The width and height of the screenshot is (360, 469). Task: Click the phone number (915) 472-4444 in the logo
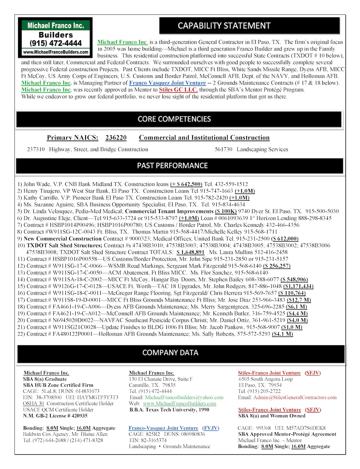(x=55, y=43)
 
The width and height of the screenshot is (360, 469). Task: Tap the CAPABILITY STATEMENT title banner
(x=224, y=26)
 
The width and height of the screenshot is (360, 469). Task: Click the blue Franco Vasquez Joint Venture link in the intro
(x=167, y=83)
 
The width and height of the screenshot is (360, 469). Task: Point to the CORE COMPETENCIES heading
(x=174, y=119)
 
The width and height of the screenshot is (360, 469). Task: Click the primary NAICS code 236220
(x=116, y=137)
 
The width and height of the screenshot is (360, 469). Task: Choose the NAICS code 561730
(x=223, y=149)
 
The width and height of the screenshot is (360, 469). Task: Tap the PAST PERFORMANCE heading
(x=172, y=166)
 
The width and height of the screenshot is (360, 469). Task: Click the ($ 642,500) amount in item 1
(x=186, y=184)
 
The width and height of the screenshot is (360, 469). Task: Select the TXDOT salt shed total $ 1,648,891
(x=190, y=252)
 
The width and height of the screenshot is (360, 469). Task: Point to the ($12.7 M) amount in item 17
(x=299, y=300)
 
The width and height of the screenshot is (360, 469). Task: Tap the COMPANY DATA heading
(x=170, y=353)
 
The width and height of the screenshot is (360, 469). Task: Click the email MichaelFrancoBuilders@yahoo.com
(x=184, y=397)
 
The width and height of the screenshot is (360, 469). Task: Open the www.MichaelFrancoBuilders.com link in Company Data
(x=179, y=403)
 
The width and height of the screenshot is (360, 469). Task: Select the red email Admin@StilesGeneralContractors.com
(x=295, y=397)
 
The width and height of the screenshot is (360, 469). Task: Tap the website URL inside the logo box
(x=55, y=52)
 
